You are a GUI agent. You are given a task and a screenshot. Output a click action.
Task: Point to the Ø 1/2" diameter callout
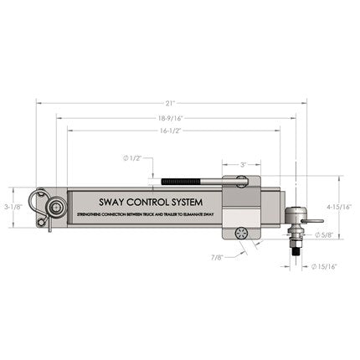click(x=133, y=158)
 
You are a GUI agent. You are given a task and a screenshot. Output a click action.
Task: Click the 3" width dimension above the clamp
click(x=244, y=165)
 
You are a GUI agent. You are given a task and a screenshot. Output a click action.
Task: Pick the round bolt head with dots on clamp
click(x=243, y=234)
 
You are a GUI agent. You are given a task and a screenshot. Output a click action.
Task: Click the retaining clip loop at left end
click(x=37, y=202)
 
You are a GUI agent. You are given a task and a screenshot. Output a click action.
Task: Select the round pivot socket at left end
click(x=56, y=205)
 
